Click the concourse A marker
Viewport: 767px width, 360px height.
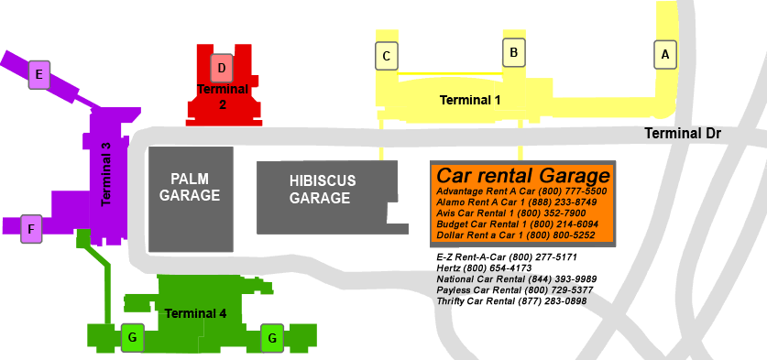click(x=665, y=55)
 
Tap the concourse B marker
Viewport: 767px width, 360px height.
click(x=514, y=53)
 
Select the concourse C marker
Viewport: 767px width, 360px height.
click(x=387, y=57)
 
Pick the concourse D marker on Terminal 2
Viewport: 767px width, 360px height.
click(x=222, y=67)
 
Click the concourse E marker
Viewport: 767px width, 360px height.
click(x=38, y=74)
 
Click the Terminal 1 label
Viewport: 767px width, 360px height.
click(x=470, y=99)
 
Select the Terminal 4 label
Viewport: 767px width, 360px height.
click(x=195, y=313)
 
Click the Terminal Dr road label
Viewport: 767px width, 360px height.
click(x=683, y=134)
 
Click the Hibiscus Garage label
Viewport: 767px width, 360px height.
click(x=322, y=189)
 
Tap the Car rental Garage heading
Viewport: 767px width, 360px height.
click(x=523, y=175)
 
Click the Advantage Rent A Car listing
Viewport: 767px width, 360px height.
click(x=521, y=191)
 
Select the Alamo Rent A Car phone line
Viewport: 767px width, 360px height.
click(x=517, y=202)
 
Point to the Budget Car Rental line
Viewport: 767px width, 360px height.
click(x=518, y=224)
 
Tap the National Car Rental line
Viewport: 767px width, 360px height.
click(x=517, y=279)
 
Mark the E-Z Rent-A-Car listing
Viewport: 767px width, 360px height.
click(x=507, y=257)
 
